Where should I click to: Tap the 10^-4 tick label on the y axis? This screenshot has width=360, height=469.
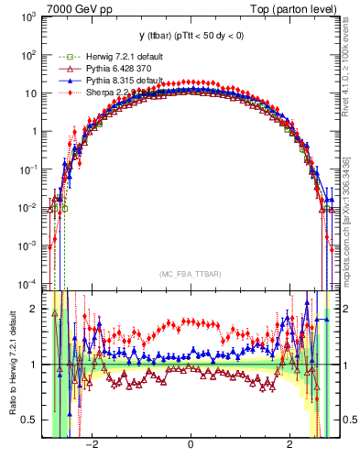(29, 282)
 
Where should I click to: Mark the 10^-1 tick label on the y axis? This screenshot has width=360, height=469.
(29, 169)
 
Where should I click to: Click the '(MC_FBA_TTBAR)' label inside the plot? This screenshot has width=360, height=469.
(190, 273)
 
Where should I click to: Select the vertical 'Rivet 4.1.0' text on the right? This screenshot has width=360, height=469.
(352, 64)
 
